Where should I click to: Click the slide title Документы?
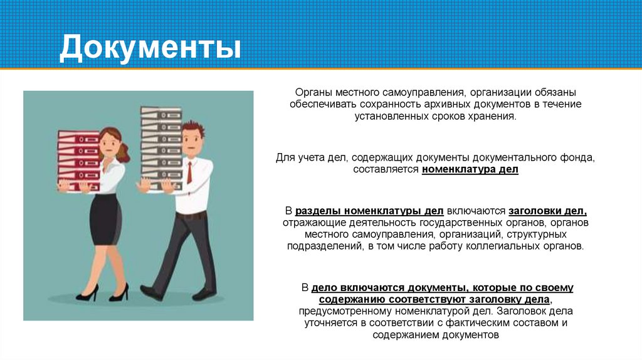(x=150, y=49)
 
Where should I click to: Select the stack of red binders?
(x=78, y=160)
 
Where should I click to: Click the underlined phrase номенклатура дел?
(x=470, y=170)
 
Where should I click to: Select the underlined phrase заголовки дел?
(x=547, y=211)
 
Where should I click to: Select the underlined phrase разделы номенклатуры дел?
(x=369, y=211)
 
